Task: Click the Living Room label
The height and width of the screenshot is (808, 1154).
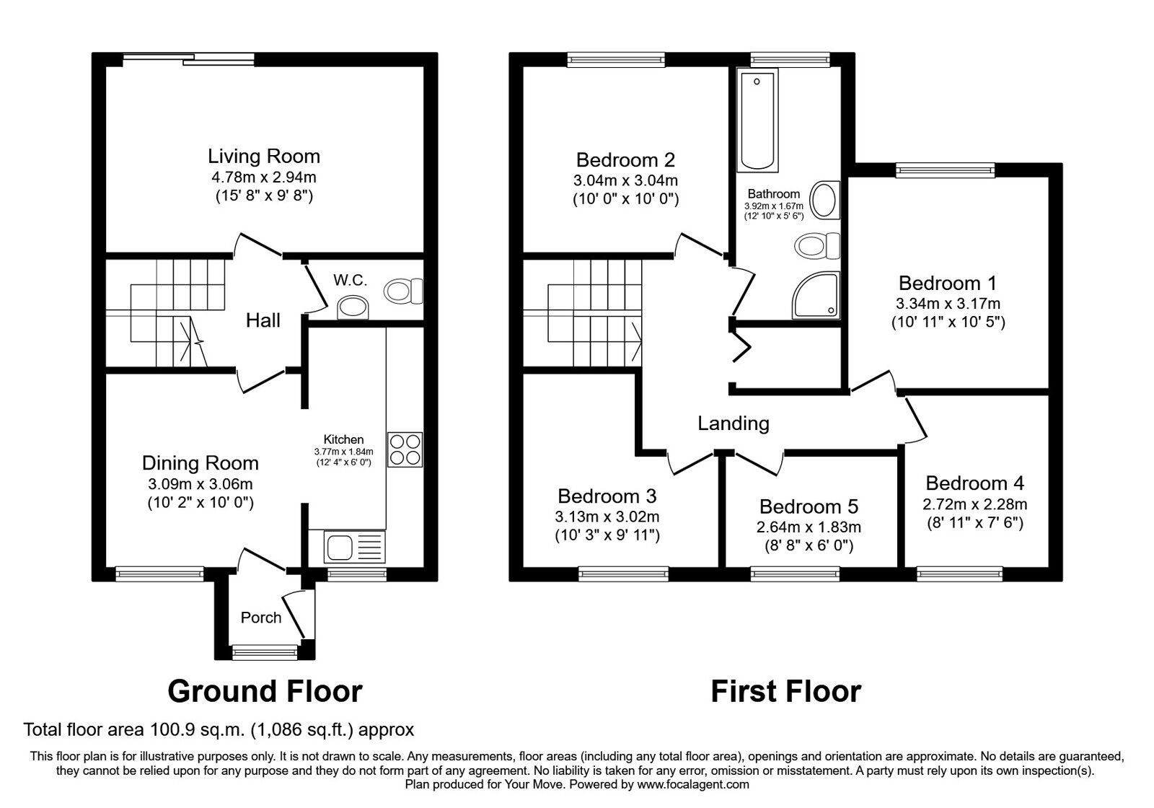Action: point(263,156)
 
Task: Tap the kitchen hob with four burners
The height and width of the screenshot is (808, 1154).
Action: point(405,449)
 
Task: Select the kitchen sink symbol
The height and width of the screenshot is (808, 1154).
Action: point(347,546)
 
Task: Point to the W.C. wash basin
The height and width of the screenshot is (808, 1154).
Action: point(353,307)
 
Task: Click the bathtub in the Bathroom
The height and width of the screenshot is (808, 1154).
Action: point(757,120)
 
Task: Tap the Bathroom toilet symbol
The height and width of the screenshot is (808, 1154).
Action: point(817,246)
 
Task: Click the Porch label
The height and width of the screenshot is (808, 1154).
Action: point(261,618)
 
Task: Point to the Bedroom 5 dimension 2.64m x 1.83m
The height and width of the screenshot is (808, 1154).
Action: point(809,527)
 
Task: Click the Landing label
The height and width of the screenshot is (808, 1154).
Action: point(733,423)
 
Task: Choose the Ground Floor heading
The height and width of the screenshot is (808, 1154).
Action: point(264,691)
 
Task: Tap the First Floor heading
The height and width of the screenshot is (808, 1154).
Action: point(785,691)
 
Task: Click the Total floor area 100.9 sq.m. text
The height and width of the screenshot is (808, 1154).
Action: point(219,729)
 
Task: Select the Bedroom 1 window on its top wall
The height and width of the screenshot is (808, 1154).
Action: point(945,170)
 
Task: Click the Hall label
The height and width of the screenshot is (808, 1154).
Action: point(263,320)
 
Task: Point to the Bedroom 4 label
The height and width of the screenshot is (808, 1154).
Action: point(974,483)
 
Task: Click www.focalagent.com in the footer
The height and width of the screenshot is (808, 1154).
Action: point(692,784)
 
